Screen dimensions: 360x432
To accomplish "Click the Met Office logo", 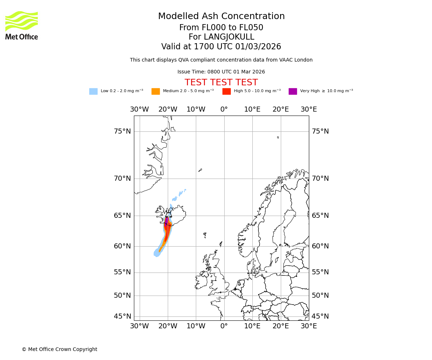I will click(22, 25).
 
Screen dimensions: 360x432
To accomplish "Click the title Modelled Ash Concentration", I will click(221, 17).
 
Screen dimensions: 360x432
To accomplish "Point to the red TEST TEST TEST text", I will click(221, 82).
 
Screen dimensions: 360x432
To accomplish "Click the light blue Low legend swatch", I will click(93, 91).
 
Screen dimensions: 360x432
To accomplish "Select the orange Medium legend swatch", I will click(156, 91).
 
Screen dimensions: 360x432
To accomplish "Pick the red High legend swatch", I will click(226, 91).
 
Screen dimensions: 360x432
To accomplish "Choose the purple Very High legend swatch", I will click(293, 91).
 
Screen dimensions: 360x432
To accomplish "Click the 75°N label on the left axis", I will click(122, 131).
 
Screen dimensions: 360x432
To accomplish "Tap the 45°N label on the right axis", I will click(320, 316).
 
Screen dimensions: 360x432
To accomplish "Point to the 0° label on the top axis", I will click(224, 109).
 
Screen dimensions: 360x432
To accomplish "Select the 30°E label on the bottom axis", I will click(309, 326).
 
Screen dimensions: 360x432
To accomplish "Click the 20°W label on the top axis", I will click(168, 109).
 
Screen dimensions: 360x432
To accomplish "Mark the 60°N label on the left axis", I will click(122, 246).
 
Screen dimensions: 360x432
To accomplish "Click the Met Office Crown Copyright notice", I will click(59, 349).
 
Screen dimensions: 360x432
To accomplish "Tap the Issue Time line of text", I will click(221, 72).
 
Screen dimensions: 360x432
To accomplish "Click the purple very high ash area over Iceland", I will click(166, 221).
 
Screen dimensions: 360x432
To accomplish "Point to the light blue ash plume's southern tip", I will click(157, 255).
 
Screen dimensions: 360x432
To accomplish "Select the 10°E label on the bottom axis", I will click(252, 326).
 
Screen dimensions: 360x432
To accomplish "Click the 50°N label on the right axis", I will click(320, 296).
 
